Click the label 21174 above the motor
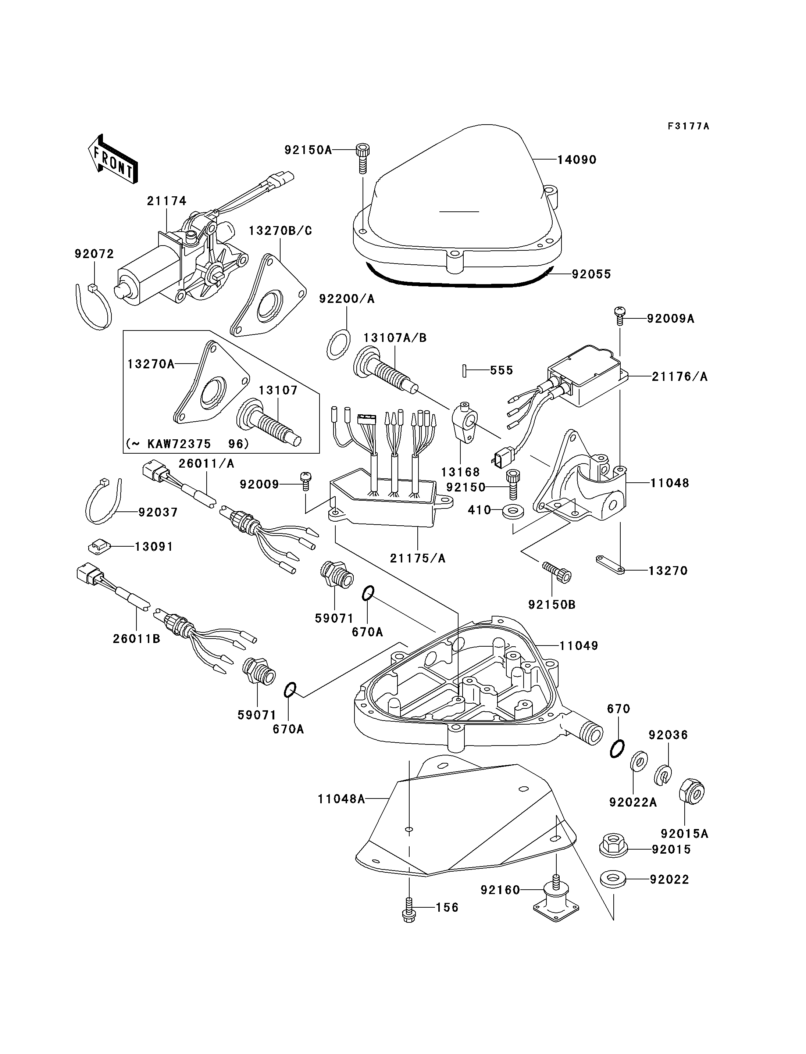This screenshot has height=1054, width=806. [167, 201]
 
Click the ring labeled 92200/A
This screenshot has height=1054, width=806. [338, 344]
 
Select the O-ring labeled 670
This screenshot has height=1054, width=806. [617, 748]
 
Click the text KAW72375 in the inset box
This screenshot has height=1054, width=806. [179, 444]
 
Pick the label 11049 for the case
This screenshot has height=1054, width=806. [579, 646]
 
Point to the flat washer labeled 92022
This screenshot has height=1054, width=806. [612, 879]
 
